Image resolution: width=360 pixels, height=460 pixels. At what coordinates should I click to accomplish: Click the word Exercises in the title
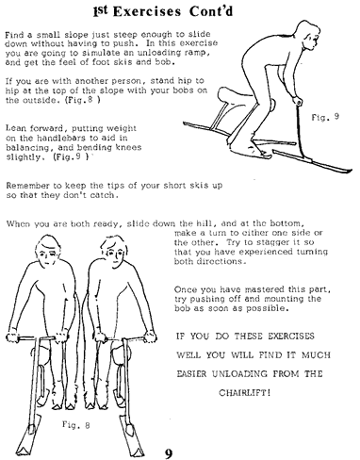pyautogui.click(x=147, y=11)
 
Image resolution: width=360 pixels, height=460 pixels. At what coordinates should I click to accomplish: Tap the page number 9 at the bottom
pyautogui.click(x=169, y=453)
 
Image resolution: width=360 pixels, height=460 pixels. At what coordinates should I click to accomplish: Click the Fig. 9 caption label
pyautogui.click(x=325, y=117)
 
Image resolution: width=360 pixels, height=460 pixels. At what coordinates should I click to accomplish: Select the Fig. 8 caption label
pyautogui.click(x=75, y=425)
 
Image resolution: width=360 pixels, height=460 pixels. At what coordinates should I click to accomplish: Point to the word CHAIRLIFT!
pyautogui.click(x=244, y=393)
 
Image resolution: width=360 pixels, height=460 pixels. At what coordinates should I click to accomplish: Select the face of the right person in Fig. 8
pyautogui.click(x=115, y=253)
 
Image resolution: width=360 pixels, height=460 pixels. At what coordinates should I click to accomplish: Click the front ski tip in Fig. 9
pyautogui.click(x=350, y=171)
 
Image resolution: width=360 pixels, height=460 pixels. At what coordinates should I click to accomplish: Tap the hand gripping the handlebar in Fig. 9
pyautogui.click(x=297, y=102)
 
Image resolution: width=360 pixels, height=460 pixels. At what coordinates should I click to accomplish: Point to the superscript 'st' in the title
pyautogui.click(x=103, y=9)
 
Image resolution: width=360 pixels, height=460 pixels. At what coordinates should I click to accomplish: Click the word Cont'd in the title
pyautogui.click(x=211, y=11)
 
